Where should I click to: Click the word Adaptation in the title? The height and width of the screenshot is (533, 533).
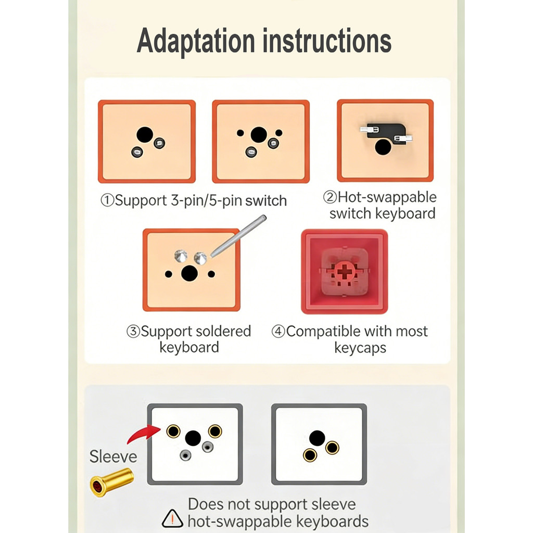(x=196, y=42)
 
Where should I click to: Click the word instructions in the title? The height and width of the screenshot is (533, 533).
(x=327, y=41)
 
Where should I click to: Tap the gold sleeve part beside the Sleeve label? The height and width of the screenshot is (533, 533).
(x=111, y=481)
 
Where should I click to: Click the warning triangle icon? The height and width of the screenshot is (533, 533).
(x=172, y=519)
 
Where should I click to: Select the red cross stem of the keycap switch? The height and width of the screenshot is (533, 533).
(x=344, y=272)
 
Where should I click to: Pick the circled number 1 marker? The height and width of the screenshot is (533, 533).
(x=107, y=200)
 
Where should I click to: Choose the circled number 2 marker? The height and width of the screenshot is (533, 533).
(x=329, y=197)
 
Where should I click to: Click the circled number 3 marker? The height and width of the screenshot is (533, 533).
(x=133, y=331)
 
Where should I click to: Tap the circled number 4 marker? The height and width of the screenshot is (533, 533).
(x=278, y=331)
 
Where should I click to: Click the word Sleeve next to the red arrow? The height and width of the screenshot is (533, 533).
(x=113, y=456)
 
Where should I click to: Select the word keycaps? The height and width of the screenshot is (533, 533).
(x=360, y=348)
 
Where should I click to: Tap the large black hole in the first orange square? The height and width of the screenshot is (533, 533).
(x=145, y=135)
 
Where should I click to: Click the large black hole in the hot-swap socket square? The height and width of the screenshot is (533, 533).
(x=383, y=146)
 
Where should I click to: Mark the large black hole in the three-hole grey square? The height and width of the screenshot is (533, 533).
(x=317, y=438)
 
